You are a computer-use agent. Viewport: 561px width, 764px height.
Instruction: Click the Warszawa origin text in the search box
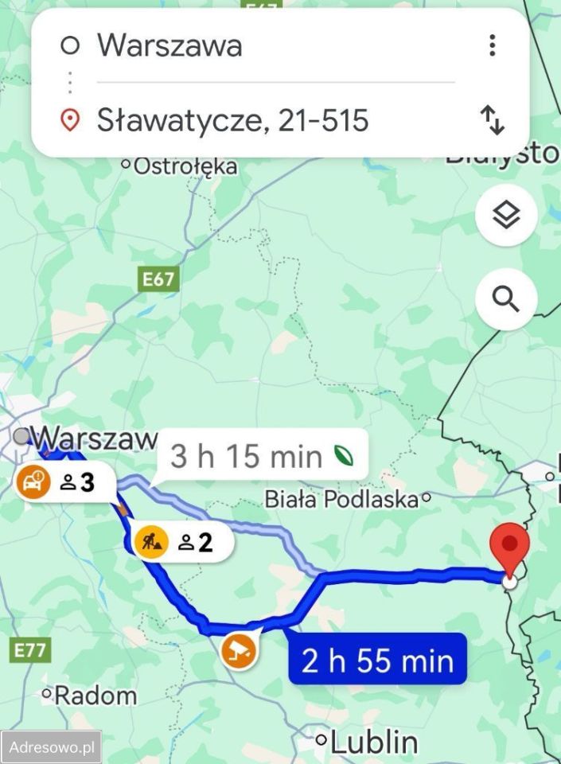[x=169, y=45]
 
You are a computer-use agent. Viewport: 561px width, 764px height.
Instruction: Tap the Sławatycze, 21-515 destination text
[x=232, y=120]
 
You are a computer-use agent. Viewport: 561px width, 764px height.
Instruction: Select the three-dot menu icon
[x=493, y=45]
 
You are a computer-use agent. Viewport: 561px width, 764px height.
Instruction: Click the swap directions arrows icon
[x=493, y=120]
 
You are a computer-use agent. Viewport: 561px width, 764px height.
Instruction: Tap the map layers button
[x=506, y=214]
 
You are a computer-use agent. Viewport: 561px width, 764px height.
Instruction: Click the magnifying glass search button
[x=506, y=299]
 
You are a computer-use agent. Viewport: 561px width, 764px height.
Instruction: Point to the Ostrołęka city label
[x=185, y=166]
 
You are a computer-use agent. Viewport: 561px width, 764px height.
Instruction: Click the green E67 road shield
[x=158, y=279]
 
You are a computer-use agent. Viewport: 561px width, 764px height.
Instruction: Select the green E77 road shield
[x=30, y=649]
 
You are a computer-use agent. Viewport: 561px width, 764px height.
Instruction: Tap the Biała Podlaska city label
[x=341, y=500]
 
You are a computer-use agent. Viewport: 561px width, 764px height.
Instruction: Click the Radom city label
[x=95, y=696]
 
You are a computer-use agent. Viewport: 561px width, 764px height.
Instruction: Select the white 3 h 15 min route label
[x=246, y=457]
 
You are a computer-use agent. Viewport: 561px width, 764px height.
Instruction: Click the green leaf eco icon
[x=343, y=457]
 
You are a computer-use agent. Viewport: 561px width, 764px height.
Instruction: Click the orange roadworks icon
[x=151, y=543]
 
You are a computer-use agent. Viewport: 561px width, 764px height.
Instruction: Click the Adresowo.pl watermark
[x=52, y=748]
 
